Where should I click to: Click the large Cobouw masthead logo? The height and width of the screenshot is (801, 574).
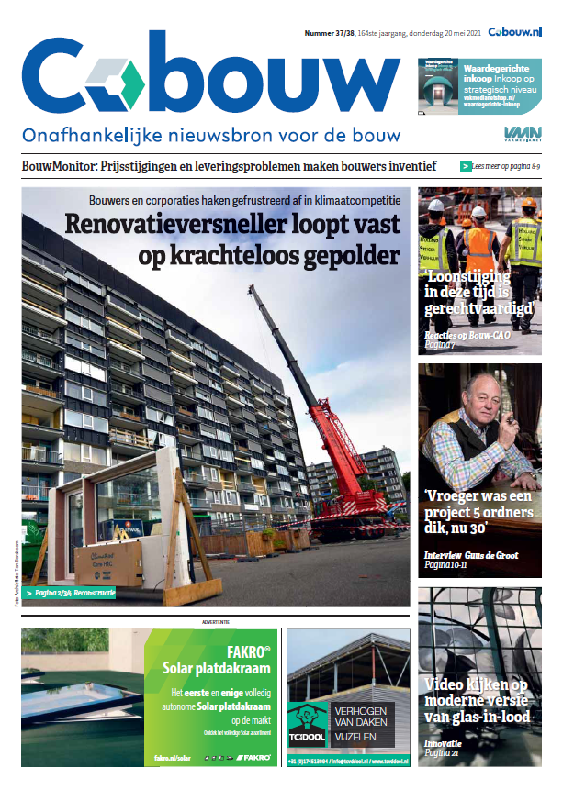(x=210, y=78)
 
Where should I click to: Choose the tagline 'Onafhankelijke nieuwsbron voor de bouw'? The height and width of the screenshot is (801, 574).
(x=211, y=136)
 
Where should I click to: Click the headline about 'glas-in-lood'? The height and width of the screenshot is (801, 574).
(x=478, y=700)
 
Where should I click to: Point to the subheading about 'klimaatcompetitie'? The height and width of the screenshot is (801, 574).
(x=246, y=200)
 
